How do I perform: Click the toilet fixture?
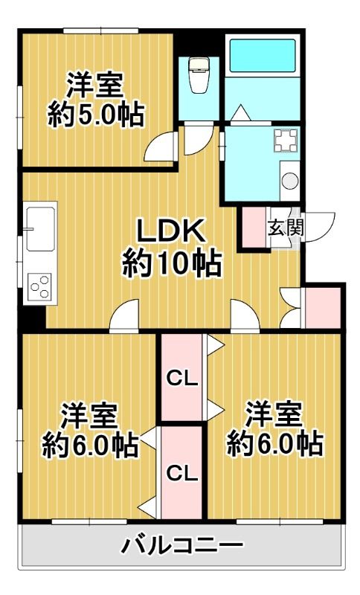(199, 77)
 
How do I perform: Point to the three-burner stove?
(41, 286)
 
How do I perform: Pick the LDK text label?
(169, 233)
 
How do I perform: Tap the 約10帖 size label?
(170, 263)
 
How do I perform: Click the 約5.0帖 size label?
(95, 115)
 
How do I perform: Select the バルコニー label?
(181, 547)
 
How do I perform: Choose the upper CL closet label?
(181, 379)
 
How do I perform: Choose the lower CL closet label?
(181, 472)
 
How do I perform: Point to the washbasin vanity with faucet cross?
(286, 139)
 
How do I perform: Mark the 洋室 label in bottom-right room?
(274, 414)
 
